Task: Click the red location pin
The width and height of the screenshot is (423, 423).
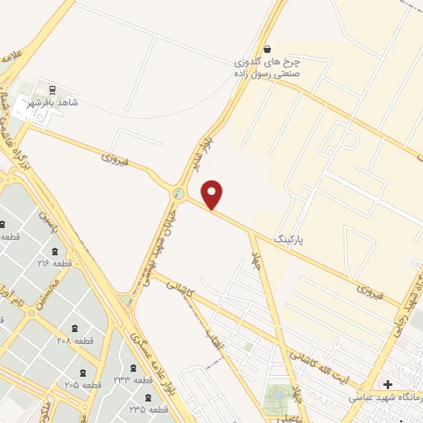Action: pos(212,195)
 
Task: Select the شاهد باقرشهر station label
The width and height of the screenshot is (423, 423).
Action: pos(74,102)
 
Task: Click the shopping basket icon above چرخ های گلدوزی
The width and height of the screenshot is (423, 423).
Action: pos(266,49)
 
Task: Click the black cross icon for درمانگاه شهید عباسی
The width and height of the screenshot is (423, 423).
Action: pos(388,384)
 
